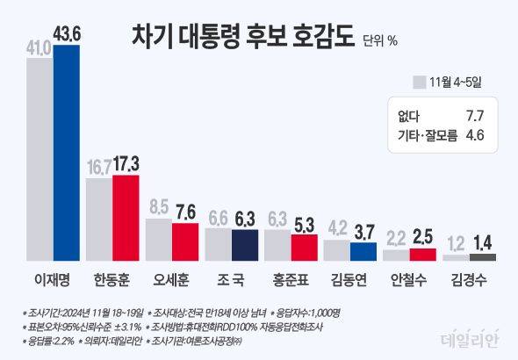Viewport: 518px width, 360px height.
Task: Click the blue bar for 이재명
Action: pyautogui.click(x=68, y=154)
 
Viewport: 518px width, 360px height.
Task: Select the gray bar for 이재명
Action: pyautogui.click(x=40, y=162)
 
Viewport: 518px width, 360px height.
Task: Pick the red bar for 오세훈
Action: pyautogui.click(x=184, y=241)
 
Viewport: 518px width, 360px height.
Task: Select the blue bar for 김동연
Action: pyautogui.click(x=363, y=251)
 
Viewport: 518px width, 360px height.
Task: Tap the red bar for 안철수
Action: pyautogui.click(x=421, y=255)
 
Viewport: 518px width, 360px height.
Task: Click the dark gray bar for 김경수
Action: pyautogui.click(x=481, y=257)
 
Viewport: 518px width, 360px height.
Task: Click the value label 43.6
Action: pyautogui.click(x=68, y=32)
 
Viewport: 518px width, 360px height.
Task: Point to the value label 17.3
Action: pyautogui.click(x=126, y=162)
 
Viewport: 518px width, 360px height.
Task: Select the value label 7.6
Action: pyautogui.click(x=185, y=211)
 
